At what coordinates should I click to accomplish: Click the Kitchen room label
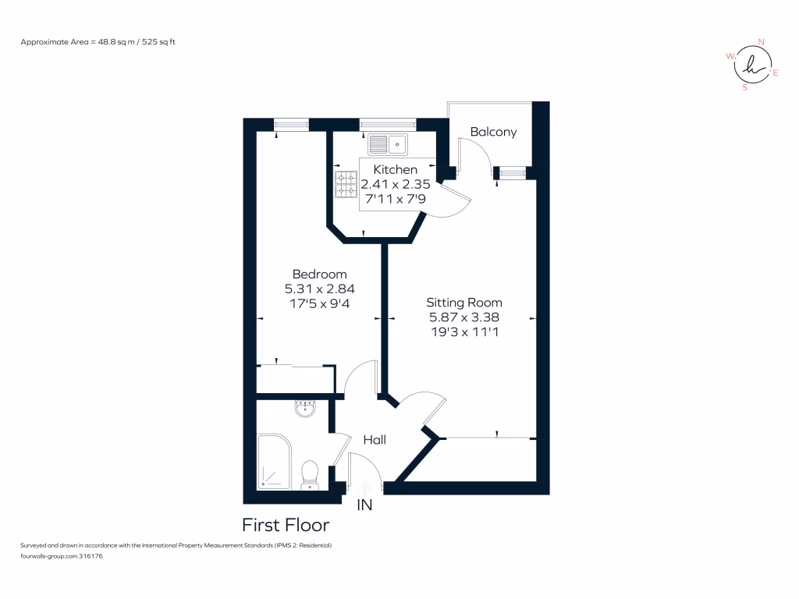(395, 169)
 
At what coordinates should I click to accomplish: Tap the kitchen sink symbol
(388, 144)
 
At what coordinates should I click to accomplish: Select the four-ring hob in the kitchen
(346, 185)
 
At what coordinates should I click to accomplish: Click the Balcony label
(493, 132)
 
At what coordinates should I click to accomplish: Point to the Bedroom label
(319, 274)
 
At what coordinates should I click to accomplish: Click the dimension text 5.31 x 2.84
(319, 289)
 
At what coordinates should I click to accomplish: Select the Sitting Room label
(464, 303)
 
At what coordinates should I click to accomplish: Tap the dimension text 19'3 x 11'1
(464, 331)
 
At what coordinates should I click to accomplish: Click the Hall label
(375, 441)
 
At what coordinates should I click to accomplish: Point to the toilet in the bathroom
(311, 474)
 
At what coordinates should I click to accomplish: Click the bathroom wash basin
(305, 408)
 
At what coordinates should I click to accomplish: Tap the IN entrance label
(364, 505)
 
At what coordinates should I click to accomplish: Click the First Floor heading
(286, 525)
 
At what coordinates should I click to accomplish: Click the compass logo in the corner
(752, 66)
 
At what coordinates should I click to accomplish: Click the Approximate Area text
(98, 41)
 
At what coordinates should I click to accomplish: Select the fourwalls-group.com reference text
(62, 556)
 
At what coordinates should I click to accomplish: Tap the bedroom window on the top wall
(291, 124)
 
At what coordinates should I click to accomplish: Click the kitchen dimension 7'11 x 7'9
(395, 200)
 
